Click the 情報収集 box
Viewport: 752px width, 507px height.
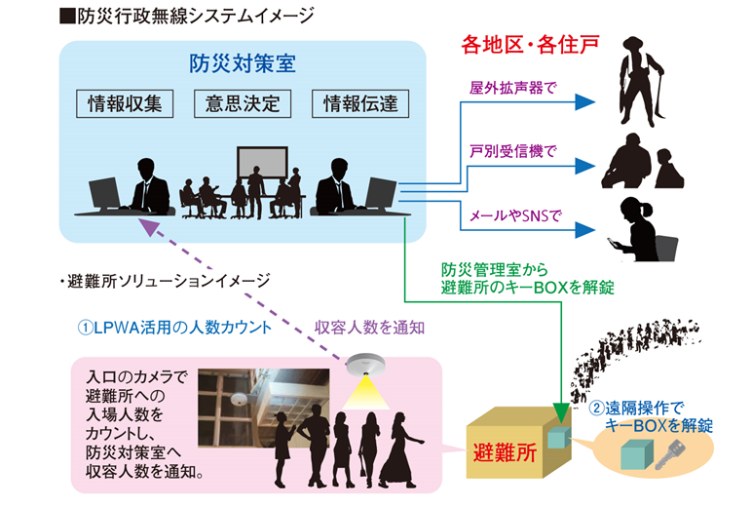pos(126,104)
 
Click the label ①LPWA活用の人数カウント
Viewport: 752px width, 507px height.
pos(173,328)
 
